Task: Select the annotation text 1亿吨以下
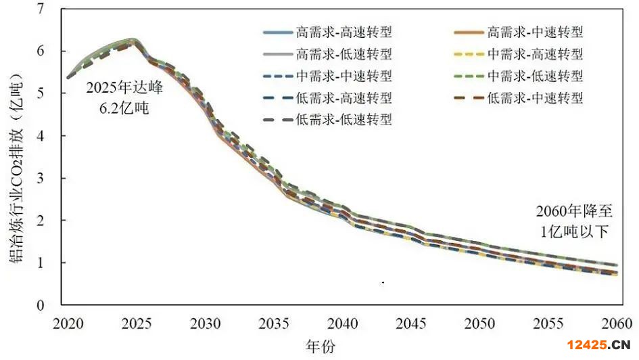[575, 231]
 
